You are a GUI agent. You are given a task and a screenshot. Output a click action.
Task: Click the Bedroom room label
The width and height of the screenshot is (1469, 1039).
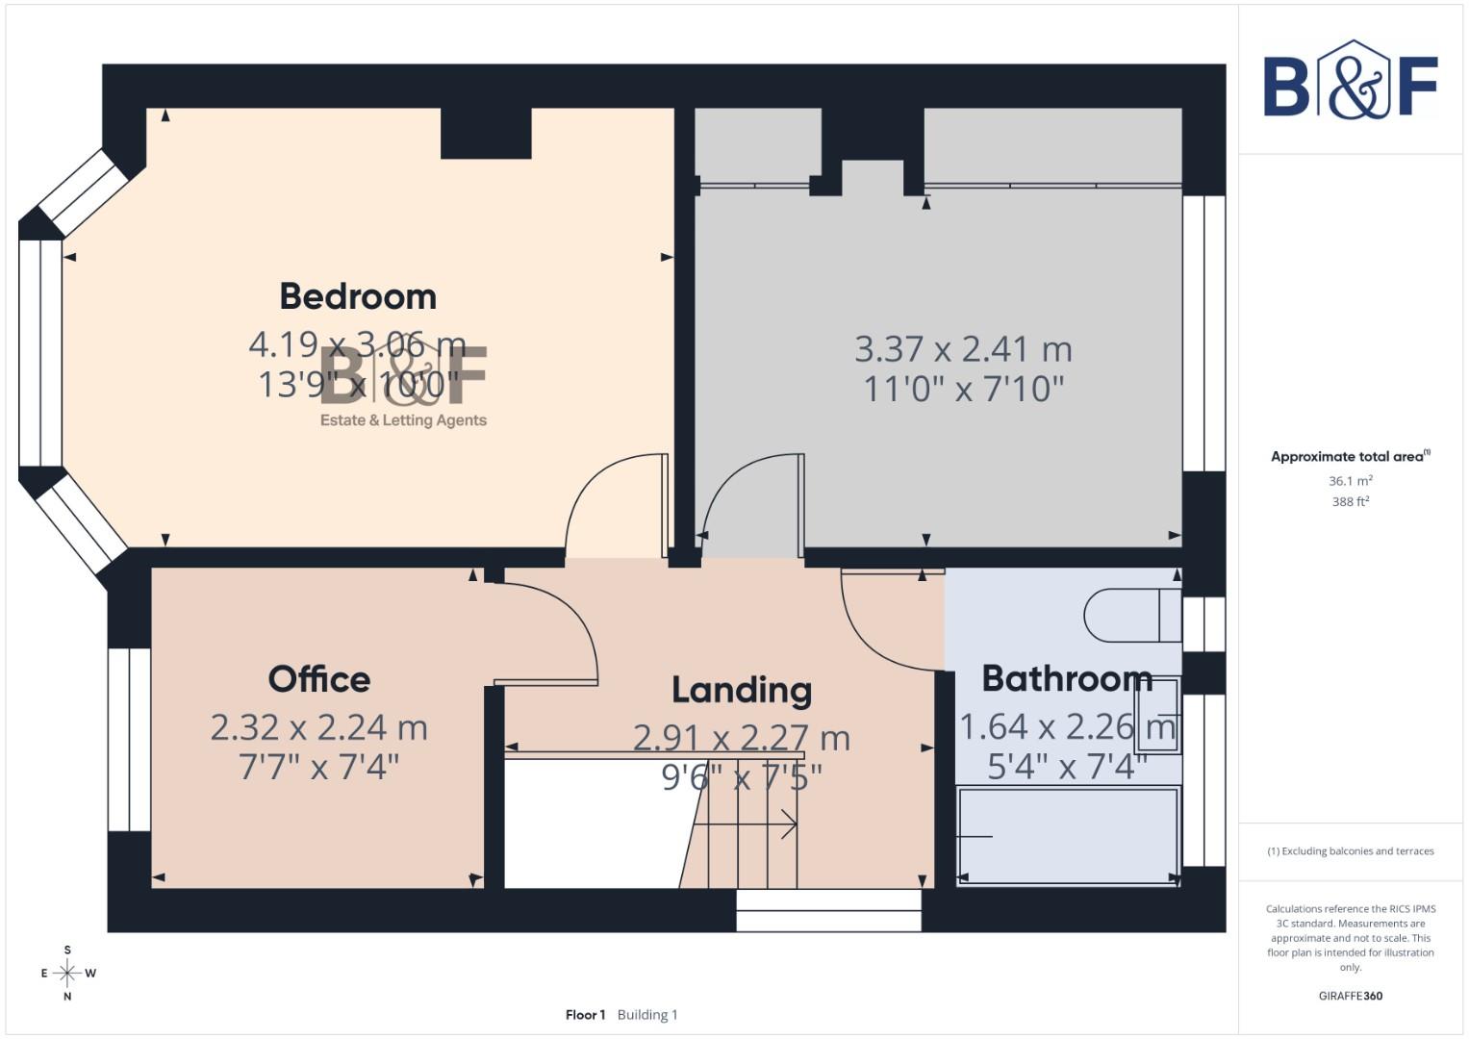click(x=358, y=296)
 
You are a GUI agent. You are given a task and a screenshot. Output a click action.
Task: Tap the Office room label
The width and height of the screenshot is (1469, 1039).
click(x=318, y=679)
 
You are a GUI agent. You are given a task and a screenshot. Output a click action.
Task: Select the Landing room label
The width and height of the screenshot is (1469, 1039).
click(x=741, y=690)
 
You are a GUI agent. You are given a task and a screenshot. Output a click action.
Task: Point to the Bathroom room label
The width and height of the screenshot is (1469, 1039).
click(x=1066, y=678)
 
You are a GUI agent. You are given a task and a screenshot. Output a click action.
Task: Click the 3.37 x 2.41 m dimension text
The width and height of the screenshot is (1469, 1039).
click(x=963, y=348)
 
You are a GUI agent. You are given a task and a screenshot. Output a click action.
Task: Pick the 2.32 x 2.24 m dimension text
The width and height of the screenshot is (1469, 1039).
click(x=318, y=727)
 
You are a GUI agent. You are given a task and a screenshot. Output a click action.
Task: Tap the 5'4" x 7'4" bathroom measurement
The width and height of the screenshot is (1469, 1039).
click(x=1067, y=766)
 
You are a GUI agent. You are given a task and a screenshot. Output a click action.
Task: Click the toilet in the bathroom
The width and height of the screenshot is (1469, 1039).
click(x=1130, y=615)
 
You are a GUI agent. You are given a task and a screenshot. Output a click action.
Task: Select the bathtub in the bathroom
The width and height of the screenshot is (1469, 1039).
click(x=1068, y=835)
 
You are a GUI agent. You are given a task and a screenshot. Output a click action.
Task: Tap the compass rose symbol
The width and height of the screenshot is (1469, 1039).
click(x=67, y=973)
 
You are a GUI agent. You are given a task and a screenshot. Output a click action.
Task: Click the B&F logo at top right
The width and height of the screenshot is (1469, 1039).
click(x=1350, y=82)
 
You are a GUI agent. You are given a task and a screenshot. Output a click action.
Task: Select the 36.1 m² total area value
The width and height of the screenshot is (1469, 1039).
click(x=1350, y=480)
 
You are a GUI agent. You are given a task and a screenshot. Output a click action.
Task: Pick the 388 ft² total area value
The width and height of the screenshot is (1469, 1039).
click(x=1350, y=501)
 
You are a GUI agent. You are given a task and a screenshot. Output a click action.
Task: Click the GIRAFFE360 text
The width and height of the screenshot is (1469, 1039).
click(x=1350, y=996)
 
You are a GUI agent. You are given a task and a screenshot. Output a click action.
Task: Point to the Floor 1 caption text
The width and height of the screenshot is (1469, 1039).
click(x=585, y=1015)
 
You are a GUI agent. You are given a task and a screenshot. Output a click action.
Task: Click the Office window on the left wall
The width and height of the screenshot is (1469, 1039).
click(x=129, y=739)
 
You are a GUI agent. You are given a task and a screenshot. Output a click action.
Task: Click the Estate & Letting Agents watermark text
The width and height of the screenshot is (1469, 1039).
click(x=403, y=420)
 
